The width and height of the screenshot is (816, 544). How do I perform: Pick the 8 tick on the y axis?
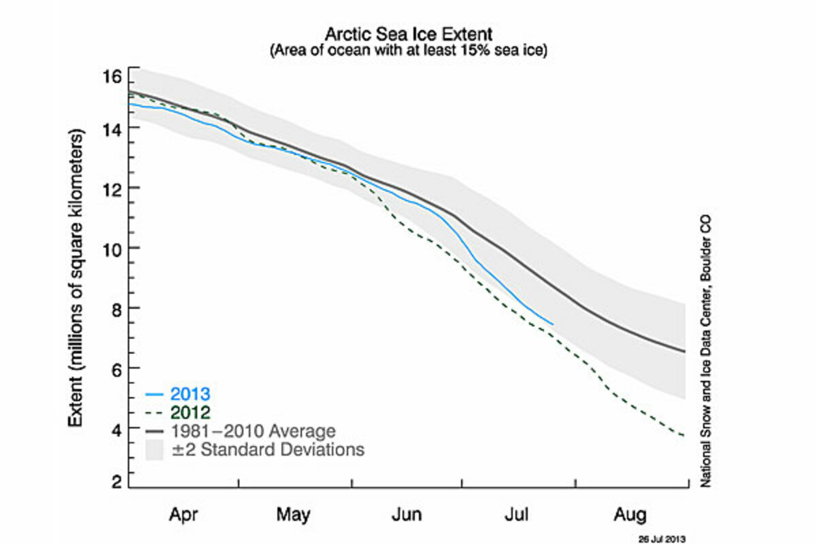[116, 308]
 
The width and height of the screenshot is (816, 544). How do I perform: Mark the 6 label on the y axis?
[116, 369]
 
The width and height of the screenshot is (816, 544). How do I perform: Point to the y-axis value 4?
[116, 428]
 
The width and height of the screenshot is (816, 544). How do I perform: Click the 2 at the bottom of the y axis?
[116, 481]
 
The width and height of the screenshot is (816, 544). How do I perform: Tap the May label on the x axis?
[294, 515]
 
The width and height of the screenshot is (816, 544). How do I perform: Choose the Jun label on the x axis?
[406, 515]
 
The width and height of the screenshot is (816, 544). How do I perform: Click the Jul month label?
[518, 515]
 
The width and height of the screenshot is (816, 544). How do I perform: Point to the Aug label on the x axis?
[630, 515]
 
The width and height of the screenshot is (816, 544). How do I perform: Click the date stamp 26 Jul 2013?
[658, 537]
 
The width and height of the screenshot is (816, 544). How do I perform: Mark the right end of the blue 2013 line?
[553, 324]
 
